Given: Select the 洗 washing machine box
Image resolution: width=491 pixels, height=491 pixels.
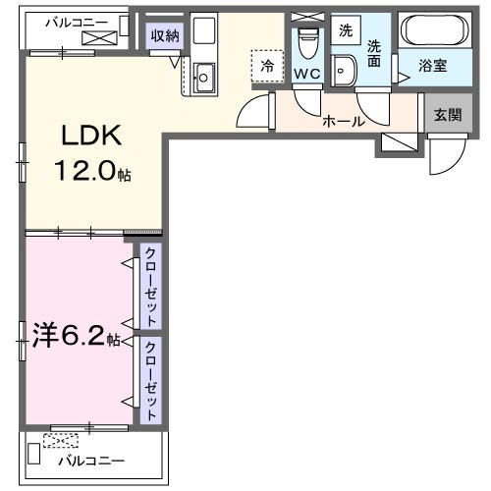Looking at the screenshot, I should [345, 30].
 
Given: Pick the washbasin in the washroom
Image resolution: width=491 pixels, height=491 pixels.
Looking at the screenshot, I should [344, 70].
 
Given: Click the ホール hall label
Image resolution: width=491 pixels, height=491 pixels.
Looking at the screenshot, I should [344, 122].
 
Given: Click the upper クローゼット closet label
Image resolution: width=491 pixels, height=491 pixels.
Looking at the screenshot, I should [150, 287].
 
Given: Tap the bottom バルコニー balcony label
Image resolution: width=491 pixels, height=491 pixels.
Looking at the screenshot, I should [90, 459].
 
